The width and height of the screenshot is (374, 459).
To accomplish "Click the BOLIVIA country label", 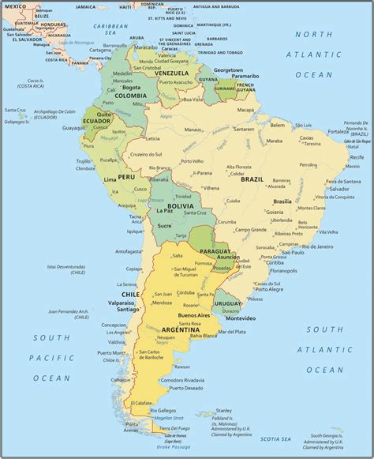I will tap(180, 205).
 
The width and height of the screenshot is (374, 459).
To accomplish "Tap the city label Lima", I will tap(110, 180).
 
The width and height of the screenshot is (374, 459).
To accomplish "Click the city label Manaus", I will tap(193, 130).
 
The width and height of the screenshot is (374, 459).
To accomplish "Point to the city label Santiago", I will tap(115, 310).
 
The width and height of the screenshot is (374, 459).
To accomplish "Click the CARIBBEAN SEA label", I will tap(110, 28).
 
